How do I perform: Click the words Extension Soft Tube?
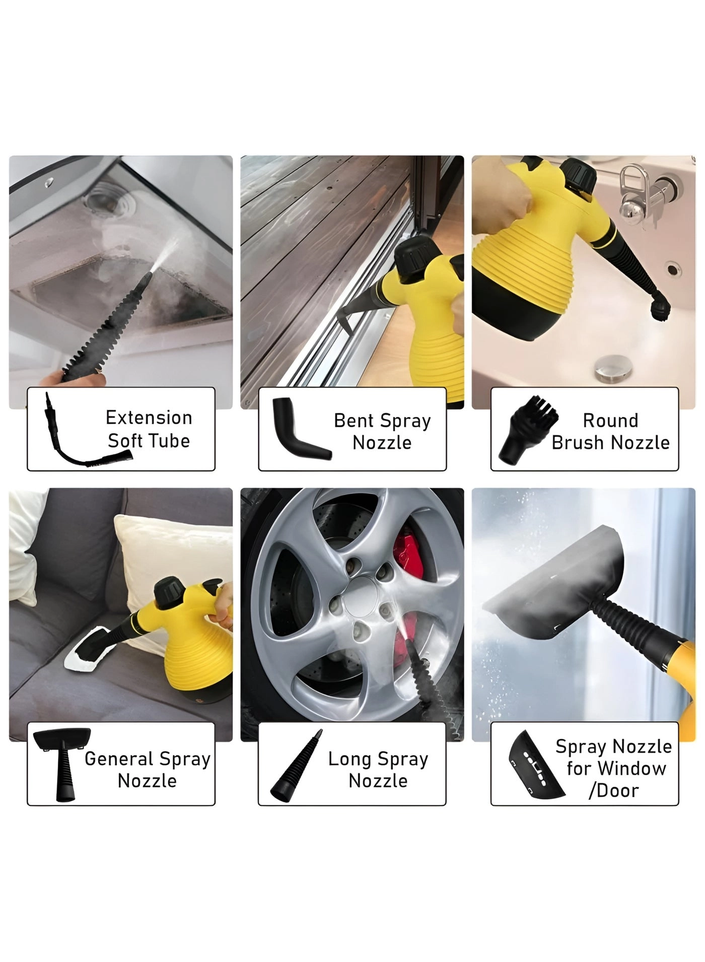[x=149, y=429]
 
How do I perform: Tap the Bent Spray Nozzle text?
[x=382, y=431]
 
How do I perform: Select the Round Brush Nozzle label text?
[x=610, y=431]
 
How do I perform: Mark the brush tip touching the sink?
[x=661, y=308]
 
